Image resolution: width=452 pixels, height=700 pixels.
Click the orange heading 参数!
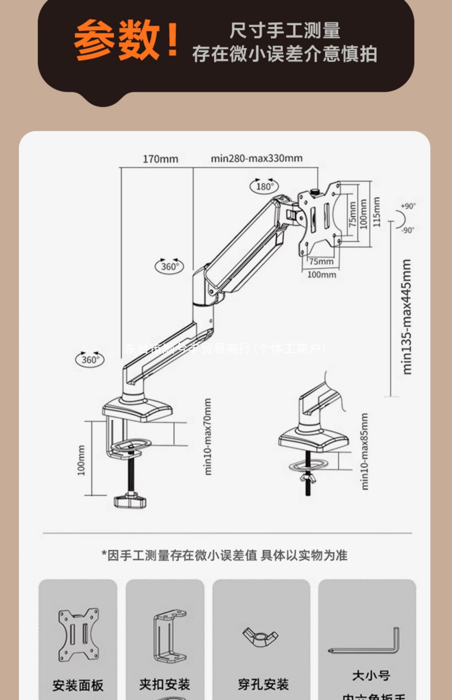[126, 40]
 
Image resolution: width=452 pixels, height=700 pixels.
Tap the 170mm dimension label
[160, 159]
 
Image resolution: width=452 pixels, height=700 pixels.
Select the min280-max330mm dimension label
[257, 158]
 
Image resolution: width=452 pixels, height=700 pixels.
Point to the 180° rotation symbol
[264, 186]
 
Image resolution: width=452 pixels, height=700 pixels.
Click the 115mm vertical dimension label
[377, 212]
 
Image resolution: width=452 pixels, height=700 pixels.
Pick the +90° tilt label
[408, 206]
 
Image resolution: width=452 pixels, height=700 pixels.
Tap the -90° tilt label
[408, 230]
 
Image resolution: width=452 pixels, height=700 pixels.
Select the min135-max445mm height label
[407, 316]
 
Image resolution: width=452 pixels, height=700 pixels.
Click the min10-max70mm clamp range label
[207, 436]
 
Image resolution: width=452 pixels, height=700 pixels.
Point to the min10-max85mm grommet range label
[364, 451]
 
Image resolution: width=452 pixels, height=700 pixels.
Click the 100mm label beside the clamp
[81, 460]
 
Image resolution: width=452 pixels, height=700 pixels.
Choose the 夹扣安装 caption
[165, 684]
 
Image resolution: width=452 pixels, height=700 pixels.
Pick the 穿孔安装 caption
[263, 684]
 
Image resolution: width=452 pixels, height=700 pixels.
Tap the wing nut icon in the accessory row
[260, 637]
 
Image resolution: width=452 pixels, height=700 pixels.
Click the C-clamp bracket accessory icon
[169, 636]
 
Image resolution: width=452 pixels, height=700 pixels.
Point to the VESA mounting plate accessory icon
[79, 635]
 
